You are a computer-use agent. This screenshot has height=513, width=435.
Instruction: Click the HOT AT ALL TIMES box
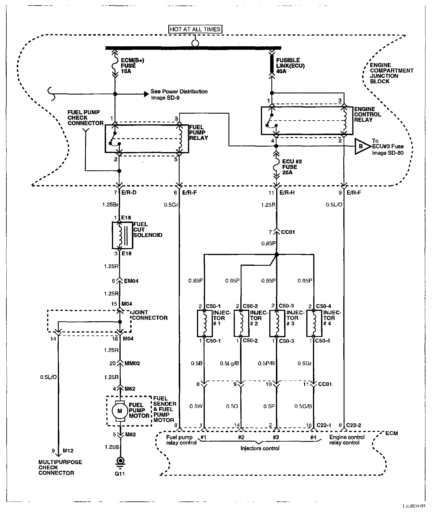tap(195, 29)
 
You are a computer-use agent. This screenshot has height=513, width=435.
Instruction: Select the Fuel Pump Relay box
tap(147, 139)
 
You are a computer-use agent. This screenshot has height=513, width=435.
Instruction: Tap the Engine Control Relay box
tap(307, 121)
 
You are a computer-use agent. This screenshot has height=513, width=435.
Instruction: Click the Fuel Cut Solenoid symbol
tap(122, 235)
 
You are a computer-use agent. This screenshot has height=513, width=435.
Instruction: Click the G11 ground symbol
tap(119, 460)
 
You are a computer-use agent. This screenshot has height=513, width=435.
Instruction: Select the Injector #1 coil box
tap(204, 323)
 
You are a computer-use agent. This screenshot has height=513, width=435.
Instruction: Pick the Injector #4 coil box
tap(314, 323)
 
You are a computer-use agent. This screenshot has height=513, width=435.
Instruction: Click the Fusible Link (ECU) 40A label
tap(286, 66)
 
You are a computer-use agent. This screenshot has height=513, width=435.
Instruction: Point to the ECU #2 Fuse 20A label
tap(292, 167)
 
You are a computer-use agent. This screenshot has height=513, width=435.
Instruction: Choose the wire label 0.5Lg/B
tap(229, 363)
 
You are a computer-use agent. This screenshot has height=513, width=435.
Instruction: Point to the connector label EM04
tap(131, 281)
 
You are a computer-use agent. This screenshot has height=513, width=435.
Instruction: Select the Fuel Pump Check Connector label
tap(85, 118)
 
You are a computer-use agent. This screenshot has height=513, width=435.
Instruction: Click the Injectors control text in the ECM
tap(260, 448)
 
